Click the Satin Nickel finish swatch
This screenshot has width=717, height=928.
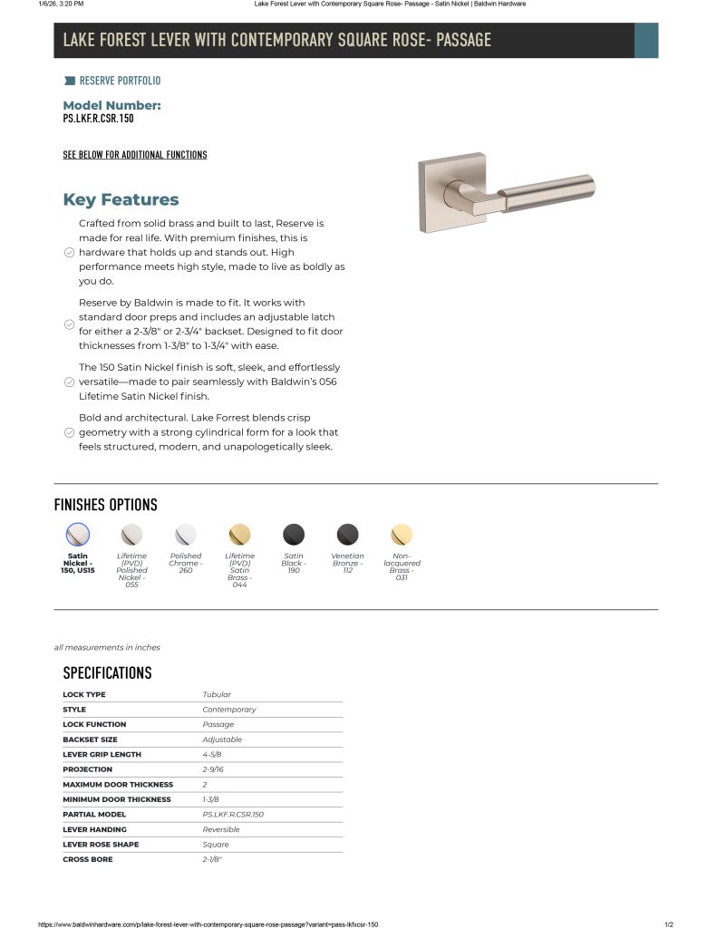point(78,534)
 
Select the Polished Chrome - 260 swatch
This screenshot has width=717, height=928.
point(186,534)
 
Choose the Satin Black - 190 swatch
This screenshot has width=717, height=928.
point(294,534)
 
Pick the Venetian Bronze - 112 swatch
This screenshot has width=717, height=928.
point(347,534)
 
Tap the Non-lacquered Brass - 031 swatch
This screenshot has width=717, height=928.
point(402,534)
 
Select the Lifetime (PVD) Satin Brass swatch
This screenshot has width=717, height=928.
point(239,534)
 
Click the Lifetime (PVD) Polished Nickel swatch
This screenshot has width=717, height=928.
point(132,534)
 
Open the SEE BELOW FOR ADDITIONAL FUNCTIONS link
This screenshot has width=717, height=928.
point(135,155)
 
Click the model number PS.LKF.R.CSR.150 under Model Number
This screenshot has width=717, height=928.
point(99,119)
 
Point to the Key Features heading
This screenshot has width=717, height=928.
point(121,200)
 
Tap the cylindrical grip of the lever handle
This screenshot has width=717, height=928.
point(549,190)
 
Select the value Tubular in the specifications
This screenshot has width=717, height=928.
point(217,695)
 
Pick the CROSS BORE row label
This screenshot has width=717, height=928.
point(88,859)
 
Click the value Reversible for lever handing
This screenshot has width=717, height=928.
point(221,829)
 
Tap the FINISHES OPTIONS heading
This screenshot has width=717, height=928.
point(106,506)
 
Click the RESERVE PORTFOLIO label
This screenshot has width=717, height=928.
point(120,81)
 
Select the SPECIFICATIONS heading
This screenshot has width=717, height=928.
point(107,672)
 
